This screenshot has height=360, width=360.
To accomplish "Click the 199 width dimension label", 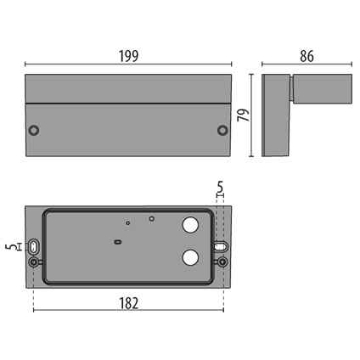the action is pyautogui.click(x=129, y=56).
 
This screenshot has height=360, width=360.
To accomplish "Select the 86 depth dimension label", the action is pyautogui.click(x=307, y=56).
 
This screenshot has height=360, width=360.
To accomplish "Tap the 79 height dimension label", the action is pyautogui.click(x=244, y=115).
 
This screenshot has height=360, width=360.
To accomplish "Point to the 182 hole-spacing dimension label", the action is pyautogui.click(x=129, y=303).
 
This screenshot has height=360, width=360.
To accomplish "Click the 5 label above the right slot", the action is pyautogui.click(x=220, y=187).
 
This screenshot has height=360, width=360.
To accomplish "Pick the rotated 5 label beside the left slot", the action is pyautogui.click(x=10, y=247).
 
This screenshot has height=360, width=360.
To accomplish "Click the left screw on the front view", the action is pyautogui.click(x=34, y=131).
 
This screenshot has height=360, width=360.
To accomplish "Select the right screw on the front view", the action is pyautogui.click(x=222, y=130).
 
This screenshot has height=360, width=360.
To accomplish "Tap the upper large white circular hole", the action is pyautogui.click(x=190, y=225).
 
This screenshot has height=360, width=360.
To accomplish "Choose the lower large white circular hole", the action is pyautogui.click(x=190, y=257).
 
